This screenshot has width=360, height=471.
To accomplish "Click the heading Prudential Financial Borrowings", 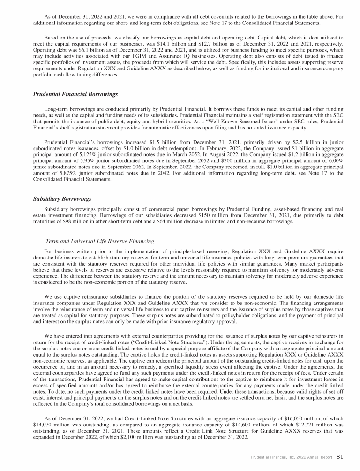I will tap(75, 94).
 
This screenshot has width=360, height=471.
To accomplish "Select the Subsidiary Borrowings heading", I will tap(62, 199).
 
